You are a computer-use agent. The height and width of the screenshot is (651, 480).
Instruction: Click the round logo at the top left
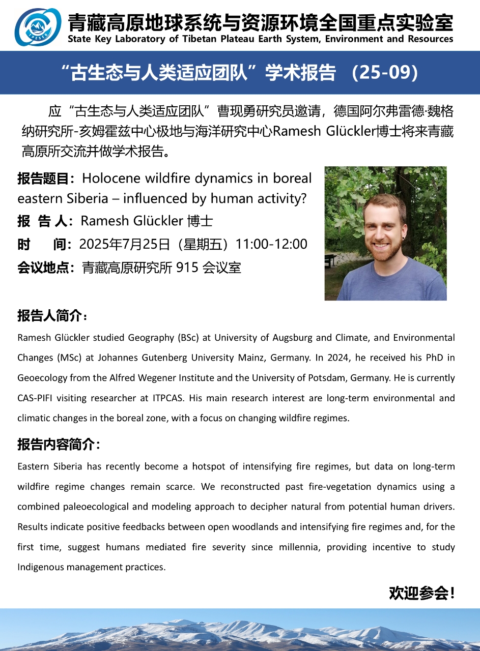[38, 27]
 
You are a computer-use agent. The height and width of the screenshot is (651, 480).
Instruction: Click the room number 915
[187, 268]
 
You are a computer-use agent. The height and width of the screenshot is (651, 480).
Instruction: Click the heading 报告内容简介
[59, 444]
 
